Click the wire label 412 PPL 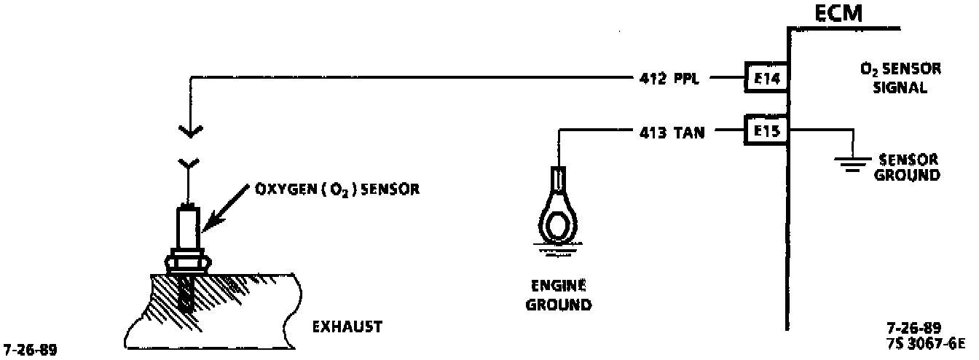pos(669,77)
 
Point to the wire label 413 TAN pos(670,133)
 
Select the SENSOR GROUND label pos(908,168)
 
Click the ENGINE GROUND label pos(559,295)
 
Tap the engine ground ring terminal pos(558,219)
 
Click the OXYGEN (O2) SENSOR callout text pos(338,189)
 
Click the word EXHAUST pos(347,327)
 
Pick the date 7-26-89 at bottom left pos(29,349)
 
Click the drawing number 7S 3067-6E pos(922,343)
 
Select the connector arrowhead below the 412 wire pos(189,132)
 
